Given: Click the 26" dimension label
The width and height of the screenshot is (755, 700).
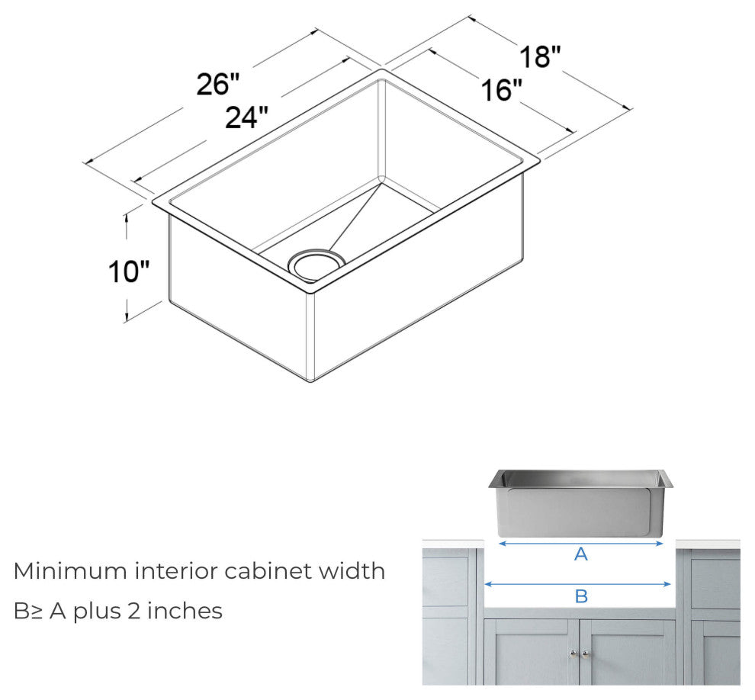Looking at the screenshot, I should point(217,84).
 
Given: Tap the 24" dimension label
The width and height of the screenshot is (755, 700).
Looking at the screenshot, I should point(246,117).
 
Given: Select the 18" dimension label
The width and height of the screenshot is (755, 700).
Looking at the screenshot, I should point(541,57).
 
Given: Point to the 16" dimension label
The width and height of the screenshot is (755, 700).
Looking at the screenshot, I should point(501,91).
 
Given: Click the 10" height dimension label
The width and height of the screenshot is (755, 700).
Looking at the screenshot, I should point(128,271).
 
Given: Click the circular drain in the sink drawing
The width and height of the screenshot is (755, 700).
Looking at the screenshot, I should point(316,263).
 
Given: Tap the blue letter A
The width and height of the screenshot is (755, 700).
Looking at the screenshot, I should point(581,555).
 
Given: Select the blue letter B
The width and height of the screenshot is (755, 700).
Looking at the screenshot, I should point(581,596).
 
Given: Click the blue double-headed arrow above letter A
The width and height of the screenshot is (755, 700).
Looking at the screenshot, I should point(581,544).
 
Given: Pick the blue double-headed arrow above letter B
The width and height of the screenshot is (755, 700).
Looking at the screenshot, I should point(577,584).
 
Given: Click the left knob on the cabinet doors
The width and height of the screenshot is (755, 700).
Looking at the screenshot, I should point(572,653).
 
